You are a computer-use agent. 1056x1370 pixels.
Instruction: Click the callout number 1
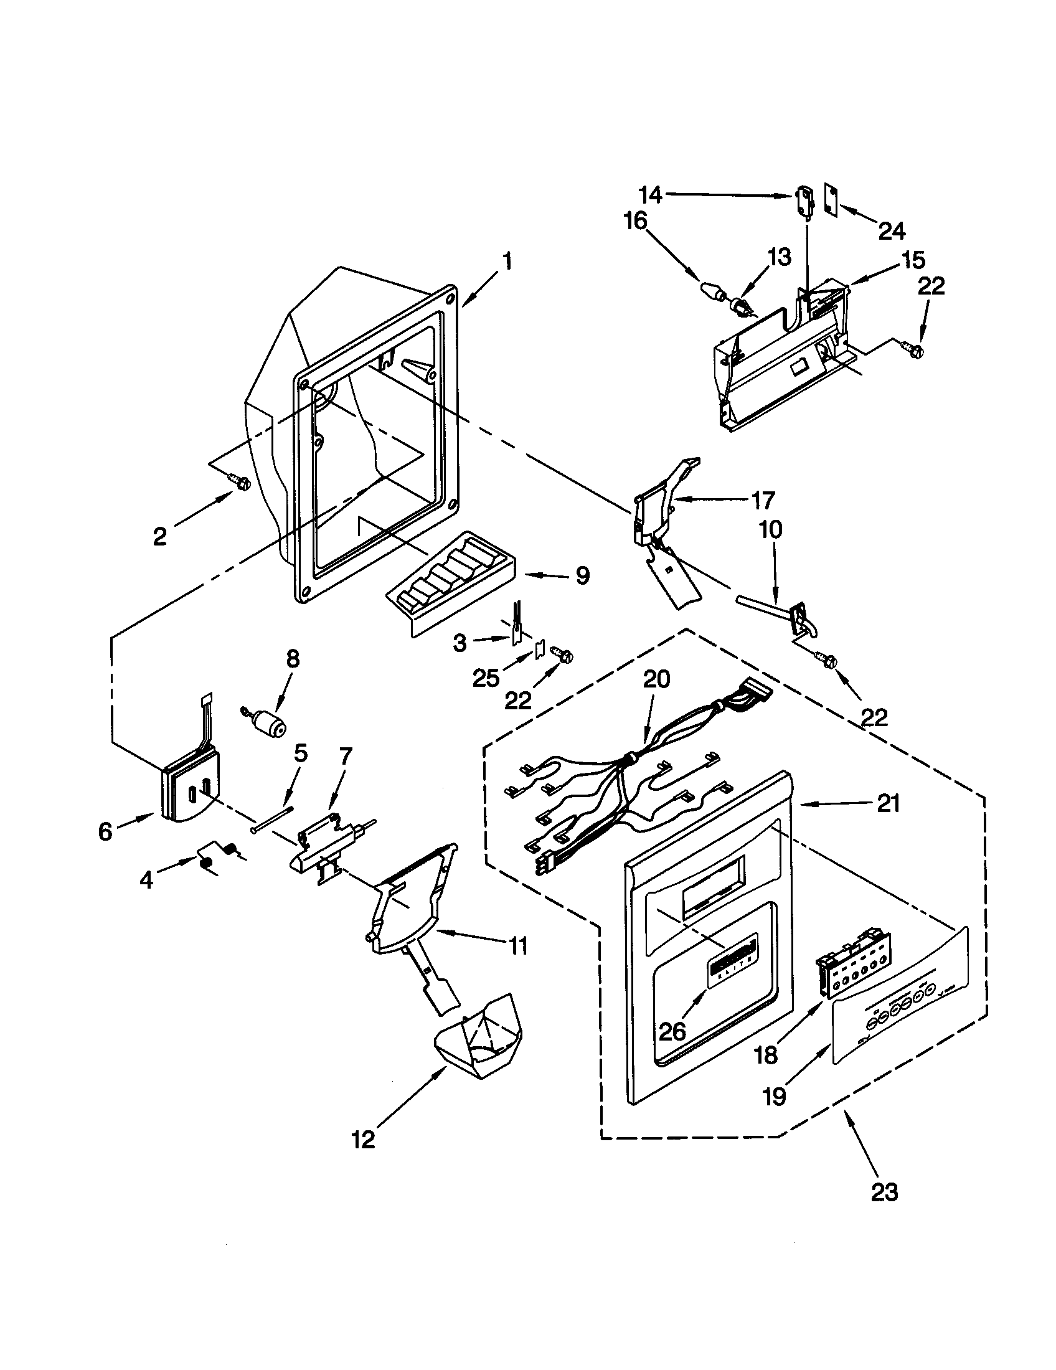[x=507, y=261]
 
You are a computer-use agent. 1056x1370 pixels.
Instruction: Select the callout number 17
[x=763, y=500]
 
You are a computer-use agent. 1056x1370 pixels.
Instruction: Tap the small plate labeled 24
[x=832, y=201]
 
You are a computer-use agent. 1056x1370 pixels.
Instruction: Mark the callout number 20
[x=656, y=679]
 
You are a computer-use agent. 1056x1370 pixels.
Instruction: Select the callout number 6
[x=105, y=832]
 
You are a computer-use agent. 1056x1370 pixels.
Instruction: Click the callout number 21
[x=889, y=803]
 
